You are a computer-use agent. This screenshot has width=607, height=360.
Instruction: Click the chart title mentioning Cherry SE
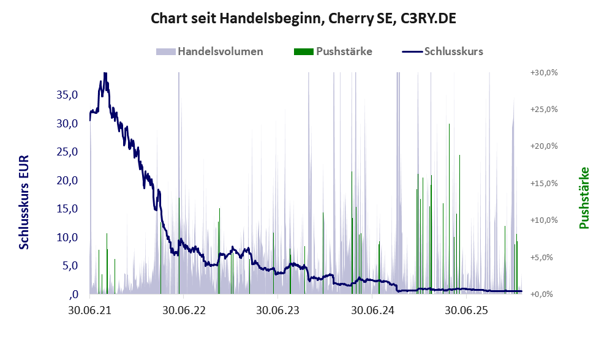303,19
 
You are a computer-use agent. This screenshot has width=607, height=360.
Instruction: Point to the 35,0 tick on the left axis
67,95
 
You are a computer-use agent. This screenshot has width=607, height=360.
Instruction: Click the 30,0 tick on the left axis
67,123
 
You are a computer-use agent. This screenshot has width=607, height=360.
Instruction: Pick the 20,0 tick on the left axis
67,180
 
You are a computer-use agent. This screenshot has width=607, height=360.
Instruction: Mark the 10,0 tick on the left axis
67,237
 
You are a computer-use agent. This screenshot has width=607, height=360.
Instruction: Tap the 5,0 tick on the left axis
69,266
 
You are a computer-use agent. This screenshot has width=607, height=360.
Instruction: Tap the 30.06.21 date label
89,310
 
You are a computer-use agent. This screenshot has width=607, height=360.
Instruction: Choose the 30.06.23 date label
278,310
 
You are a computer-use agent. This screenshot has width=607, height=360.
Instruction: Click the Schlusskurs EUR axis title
25,202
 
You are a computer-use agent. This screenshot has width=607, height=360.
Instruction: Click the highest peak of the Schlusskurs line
105,73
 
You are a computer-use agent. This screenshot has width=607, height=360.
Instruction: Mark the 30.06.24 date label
372,310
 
